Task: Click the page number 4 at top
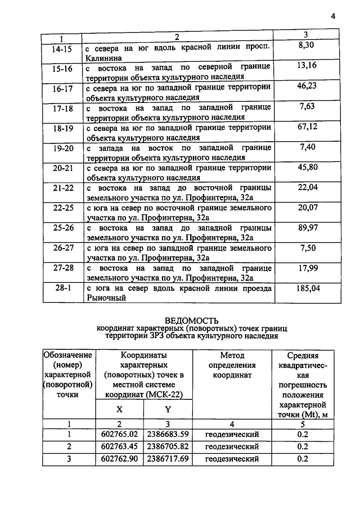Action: tap(332, 16)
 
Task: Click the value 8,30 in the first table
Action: tap(307, 47)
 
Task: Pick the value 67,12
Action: tap(307, 127)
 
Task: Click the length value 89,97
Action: tap(307, 227)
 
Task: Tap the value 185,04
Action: tap(307, 288)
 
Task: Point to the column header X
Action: tap(120, 410)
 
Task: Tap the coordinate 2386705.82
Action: tap(168, 447)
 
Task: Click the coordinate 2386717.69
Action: tap(168, 459)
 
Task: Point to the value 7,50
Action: tap(307, 247)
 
